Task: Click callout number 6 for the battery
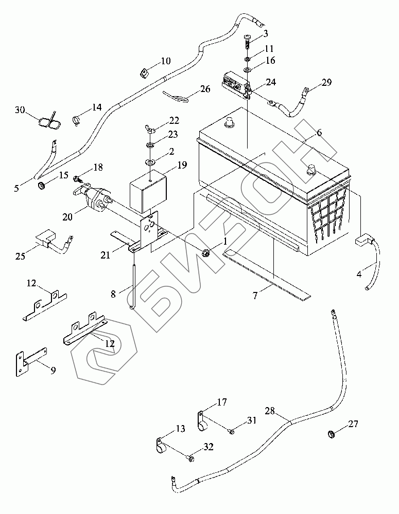(x=319, y=133)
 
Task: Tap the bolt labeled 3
(x=248, y=41)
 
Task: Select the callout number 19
(x=182, y=165)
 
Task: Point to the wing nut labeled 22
(x=150, y=130)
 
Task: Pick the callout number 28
(x=270, y=410)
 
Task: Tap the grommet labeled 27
(x=332, y=435)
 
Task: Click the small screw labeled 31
(x=231, y=432)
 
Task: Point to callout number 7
(x=255, y=296)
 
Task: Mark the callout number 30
(x=20, y=110)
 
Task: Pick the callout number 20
(x=67, y=216)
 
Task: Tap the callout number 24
(x=271, y=82)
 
